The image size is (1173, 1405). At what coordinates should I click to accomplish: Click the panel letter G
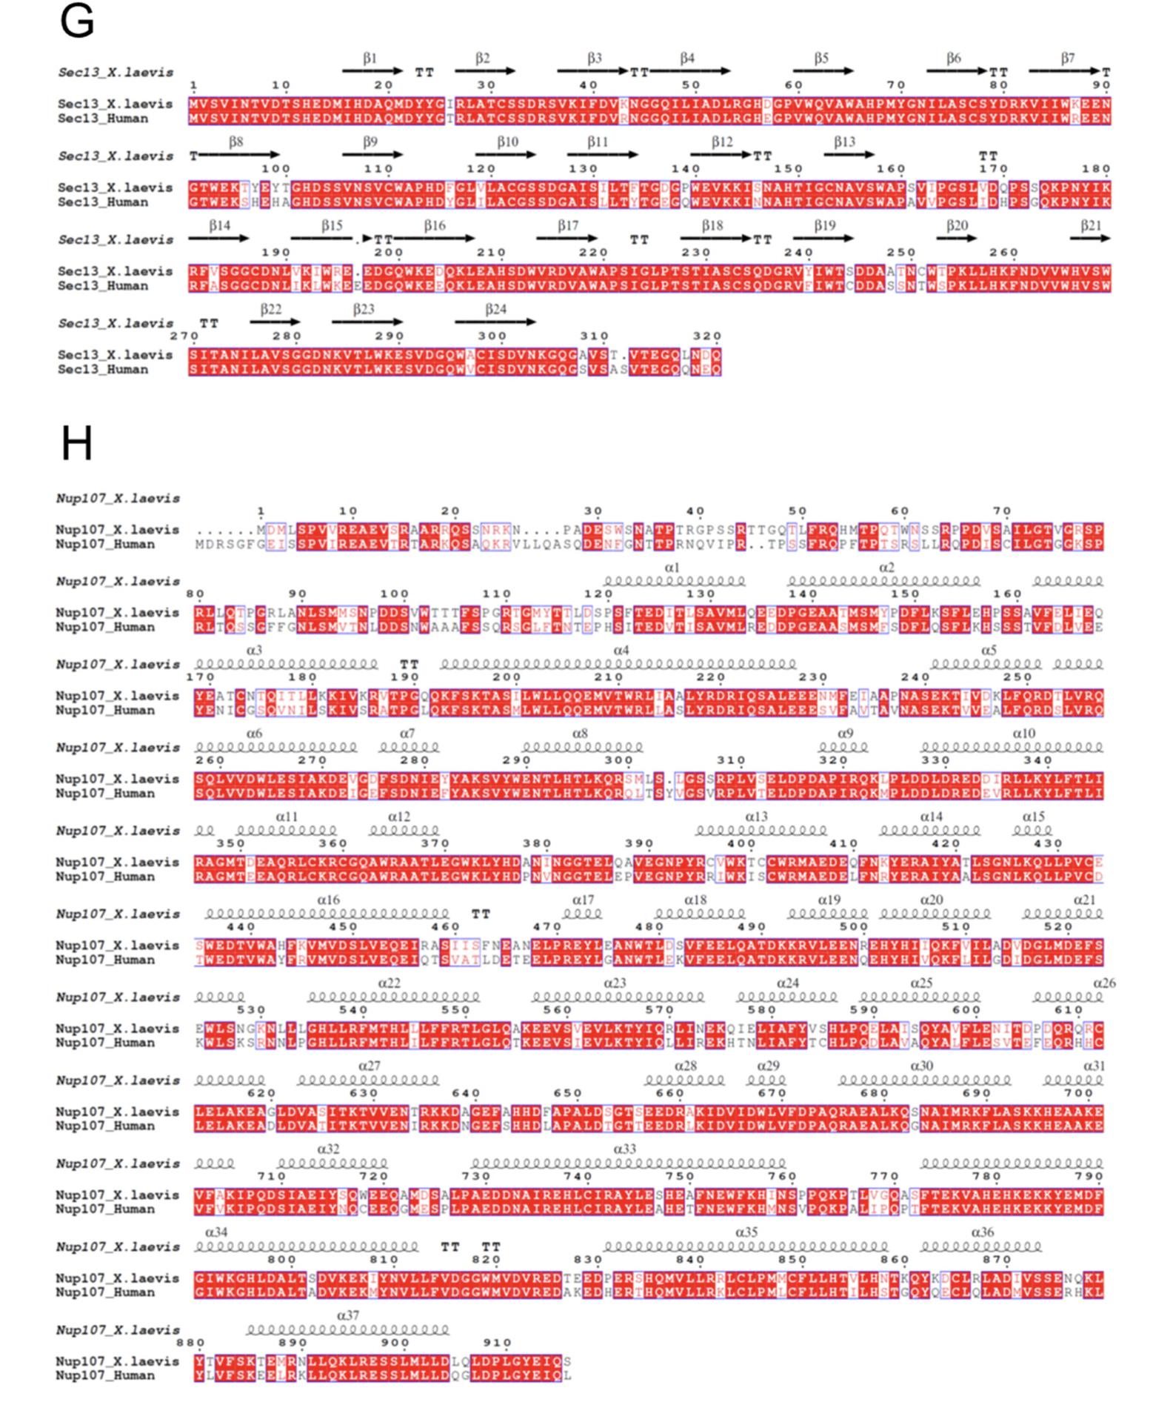tap(76, 21)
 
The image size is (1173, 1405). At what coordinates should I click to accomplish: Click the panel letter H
tap(76, 444)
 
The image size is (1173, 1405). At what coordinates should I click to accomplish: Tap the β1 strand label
tap(370, 58)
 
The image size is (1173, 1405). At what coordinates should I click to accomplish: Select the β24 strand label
tap(495, 309)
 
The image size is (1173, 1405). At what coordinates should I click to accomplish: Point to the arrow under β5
tap(823, 71)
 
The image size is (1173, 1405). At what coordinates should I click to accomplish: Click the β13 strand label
tap(844, 142)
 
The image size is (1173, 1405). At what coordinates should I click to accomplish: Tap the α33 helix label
tap(624, 1149)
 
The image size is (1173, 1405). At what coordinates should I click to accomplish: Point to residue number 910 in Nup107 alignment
tap(497, 1343)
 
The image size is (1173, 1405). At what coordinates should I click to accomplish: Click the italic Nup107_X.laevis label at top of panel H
tap(118, 499)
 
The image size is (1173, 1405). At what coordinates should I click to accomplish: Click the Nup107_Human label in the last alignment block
tap(105, 1376)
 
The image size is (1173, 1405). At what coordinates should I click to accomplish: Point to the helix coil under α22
tap(394, 997)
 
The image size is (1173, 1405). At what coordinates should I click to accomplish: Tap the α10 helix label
tap(1023, 734)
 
